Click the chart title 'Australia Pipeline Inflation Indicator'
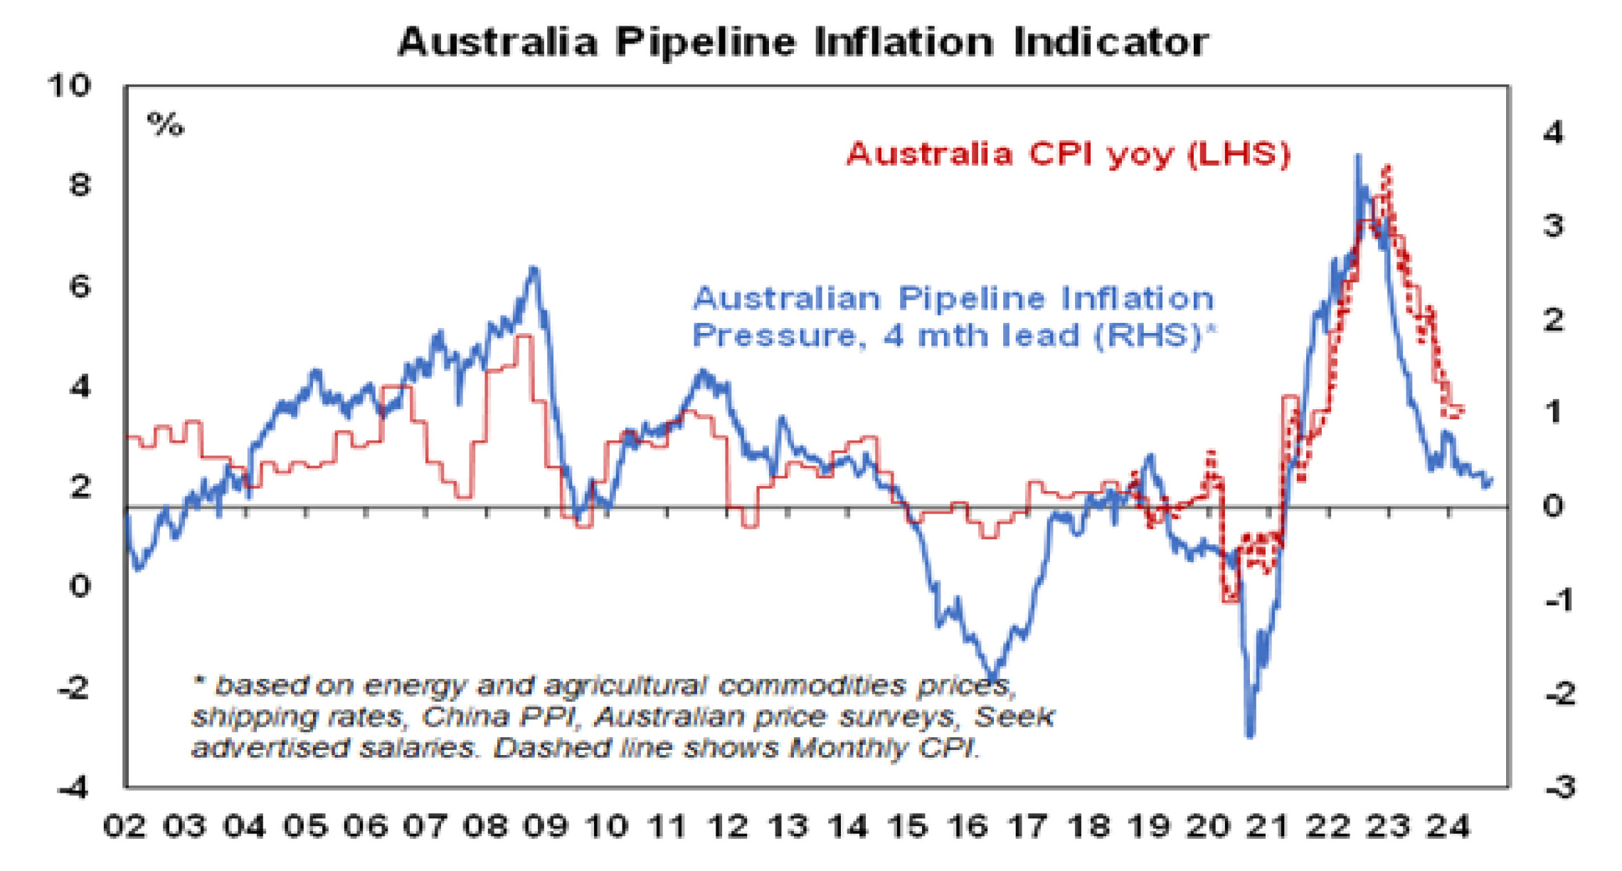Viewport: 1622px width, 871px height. tap(802, 41)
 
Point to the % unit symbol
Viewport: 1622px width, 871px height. tap(165, 125)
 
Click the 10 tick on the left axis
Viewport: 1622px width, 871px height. tap(69, 86)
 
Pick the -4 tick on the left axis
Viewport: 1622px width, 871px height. tap(74, 788)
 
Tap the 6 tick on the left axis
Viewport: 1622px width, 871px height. tap(80, 287)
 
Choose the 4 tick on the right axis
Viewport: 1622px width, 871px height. tap(1552, 133)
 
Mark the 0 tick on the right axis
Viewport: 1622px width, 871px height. tap(1553, 506)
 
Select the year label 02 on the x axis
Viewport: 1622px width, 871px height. tap(124, 827)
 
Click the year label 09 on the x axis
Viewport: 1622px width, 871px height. tap(546, 827)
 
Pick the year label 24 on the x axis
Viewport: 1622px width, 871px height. tap(1449, 827)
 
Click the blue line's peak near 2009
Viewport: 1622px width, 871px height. tap(534, 269)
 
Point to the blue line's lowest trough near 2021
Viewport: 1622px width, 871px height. tap(1250, 734)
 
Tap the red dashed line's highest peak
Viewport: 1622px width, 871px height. tap(1387, 167)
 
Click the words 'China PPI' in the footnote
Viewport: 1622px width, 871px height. tap(497, 717)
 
